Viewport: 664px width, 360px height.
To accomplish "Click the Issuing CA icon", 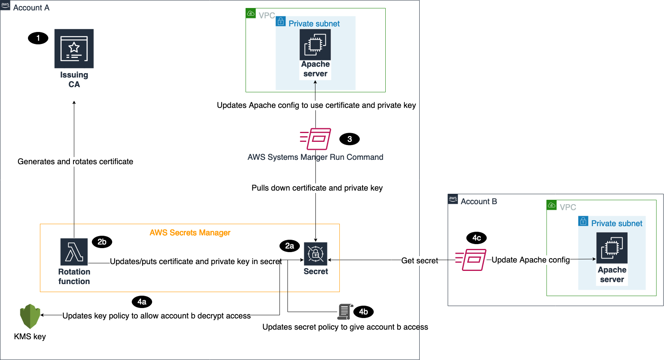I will (74, 48).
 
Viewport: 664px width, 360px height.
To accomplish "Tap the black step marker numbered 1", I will (38, 38).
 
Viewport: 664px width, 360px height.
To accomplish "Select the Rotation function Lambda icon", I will (74, 252).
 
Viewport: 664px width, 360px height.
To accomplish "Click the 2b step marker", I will (102, 242).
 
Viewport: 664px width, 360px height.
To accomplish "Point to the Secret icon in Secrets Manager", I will (315, 253).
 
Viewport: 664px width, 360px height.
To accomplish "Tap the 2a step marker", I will (289, 246).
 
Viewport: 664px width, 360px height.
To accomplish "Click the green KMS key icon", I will (30, 316).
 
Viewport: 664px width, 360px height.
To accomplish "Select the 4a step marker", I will (142, 302).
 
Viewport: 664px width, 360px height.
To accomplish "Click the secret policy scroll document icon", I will (345, 312).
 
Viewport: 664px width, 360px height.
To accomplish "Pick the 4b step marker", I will (363, 312).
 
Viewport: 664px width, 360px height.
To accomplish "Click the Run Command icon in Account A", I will (315, 139).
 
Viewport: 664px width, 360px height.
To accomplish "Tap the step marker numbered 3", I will (349, 139).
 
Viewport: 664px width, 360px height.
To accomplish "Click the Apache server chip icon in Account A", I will (315, 44).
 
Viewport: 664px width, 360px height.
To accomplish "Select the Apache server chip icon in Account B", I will (612, 248).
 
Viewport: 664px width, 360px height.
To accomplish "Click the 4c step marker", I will (476, 238).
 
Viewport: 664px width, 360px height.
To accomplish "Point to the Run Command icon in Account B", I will (471, 260).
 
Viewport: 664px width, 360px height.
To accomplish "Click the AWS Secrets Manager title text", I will (190, 233).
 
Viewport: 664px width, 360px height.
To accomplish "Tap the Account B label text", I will (478, 201).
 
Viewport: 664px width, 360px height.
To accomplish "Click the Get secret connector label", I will (419, 261).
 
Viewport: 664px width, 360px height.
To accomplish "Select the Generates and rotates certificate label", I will (75, 161).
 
